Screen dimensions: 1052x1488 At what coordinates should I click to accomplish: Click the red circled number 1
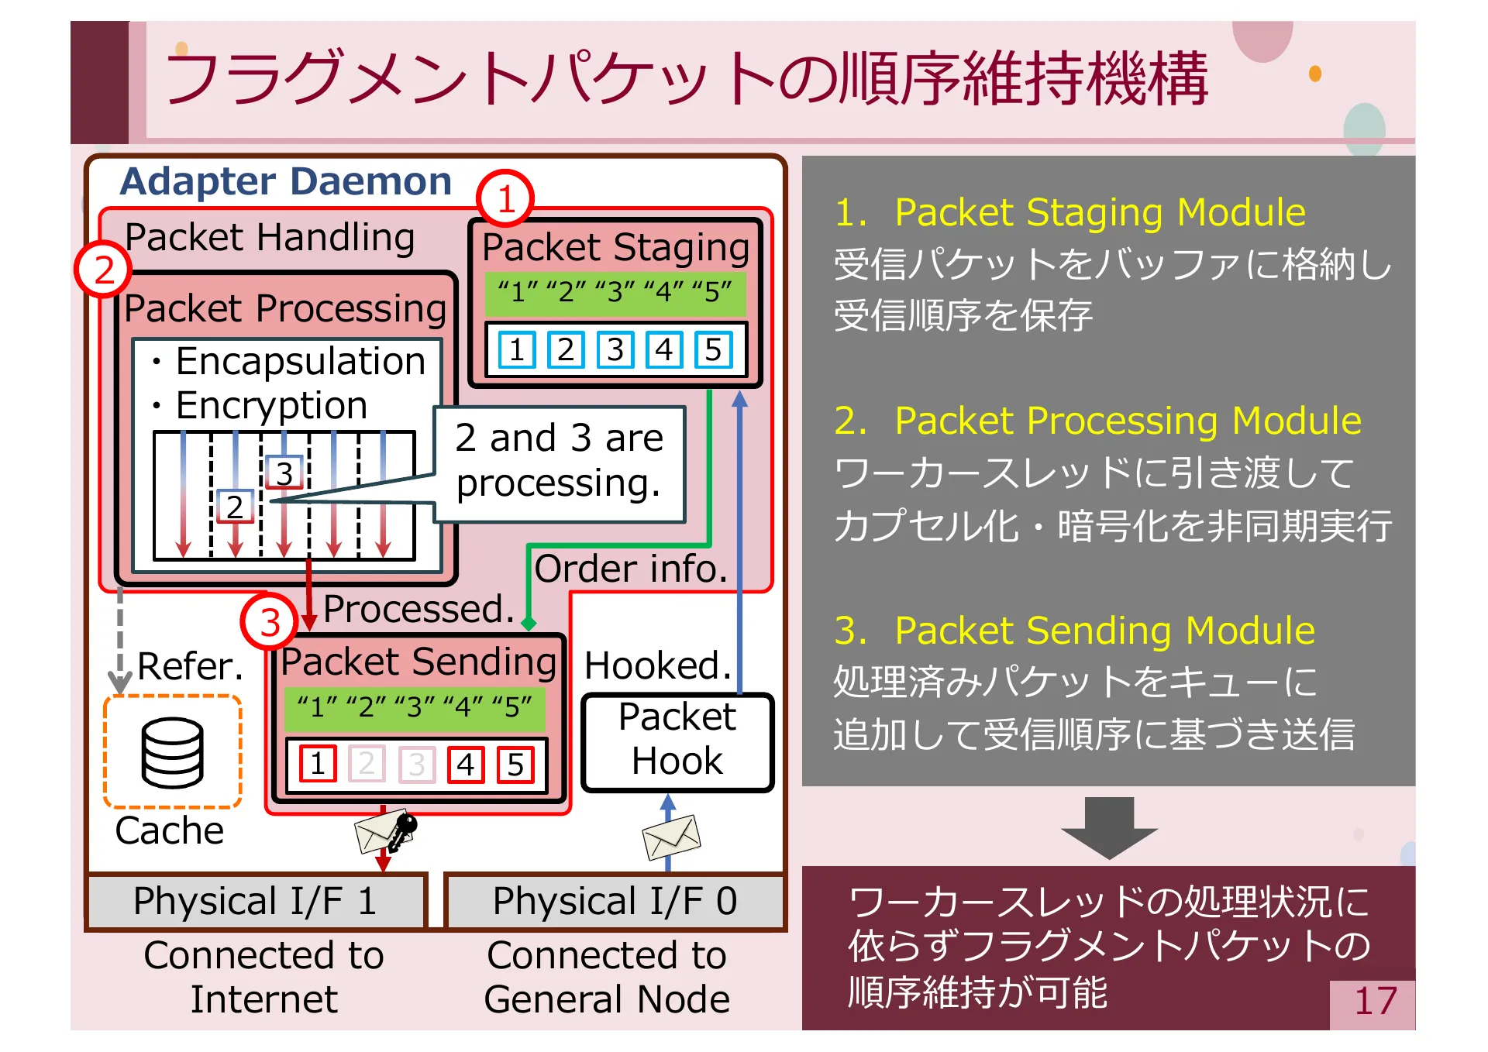pos(505,199)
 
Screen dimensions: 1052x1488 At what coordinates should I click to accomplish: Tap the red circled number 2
pos(104,270)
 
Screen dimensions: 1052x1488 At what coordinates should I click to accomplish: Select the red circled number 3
pos(270,622)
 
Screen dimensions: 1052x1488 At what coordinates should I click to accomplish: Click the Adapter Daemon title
pos(286,181)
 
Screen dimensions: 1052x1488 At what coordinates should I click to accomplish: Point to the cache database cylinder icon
pos(173,752)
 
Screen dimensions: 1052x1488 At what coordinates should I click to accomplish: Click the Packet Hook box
pos(677,741)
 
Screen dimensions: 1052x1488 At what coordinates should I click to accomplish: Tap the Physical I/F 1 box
pos(256,901)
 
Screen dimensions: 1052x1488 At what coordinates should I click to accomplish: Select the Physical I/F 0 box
pos(615,901)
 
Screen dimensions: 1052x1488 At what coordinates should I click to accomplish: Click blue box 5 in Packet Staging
pos(713,349)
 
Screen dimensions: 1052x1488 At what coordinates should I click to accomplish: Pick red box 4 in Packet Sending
pos(465,765)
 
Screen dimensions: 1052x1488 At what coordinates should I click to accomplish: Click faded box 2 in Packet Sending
pos(367,765)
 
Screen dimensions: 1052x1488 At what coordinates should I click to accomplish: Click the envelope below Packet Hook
pos(671,837)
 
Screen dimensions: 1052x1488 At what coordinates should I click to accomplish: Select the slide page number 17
pos(1375,1002)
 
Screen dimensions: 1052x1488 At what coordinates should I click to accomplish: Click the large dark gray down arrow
pos(1109,827)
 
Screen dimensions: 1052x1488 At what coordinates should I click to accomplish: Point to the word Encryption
pos(271,405)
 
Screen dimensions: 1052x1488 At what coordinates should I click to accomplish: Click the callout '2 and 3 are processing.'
pos(559,462)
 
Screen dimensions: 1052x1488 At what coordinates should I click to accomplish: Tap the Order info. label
pos(631,569)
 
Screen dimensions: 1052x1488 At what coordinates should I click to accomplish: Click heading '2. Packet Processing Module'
pos(1097,421)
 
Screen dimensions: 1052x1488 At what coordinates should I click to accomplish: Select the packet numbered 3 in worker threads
pos(284,473)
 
